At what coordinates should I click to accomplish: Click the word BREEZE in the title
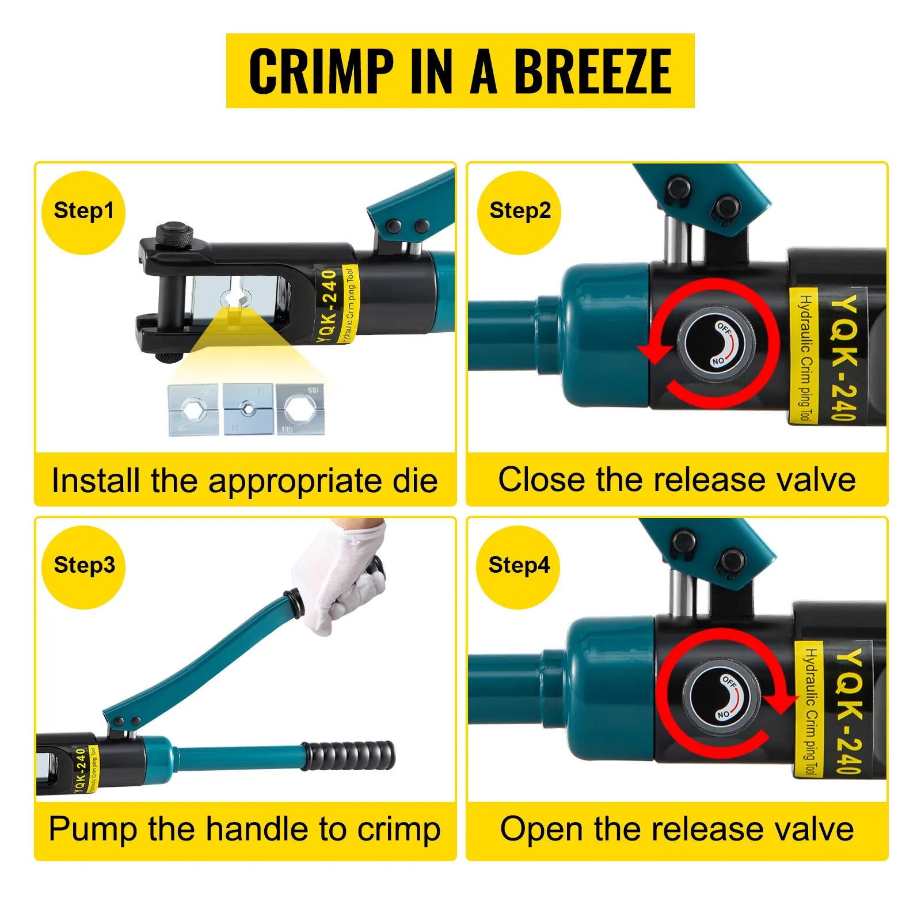(x=592, y=71)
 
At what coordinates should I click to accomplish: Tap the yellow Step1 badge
(x=83, y=212)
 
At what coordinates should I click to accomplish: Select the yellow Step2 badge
(x=519, y=212)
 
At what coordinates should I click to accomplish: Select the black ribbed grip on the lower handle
(x=349, y=755)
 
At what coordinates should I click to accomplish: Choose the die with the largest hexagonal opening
(x=300, y=409)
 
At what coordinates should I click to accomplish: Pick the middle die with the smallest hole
(x=248, y=409)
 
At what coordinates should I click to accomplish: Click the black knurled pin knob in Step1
(x=174, y=235)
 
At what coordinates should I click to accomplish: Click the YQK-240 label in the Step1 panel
(x=328, y=305)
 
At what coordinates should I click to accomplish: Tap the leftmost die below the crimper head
(x=193, y=410)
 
